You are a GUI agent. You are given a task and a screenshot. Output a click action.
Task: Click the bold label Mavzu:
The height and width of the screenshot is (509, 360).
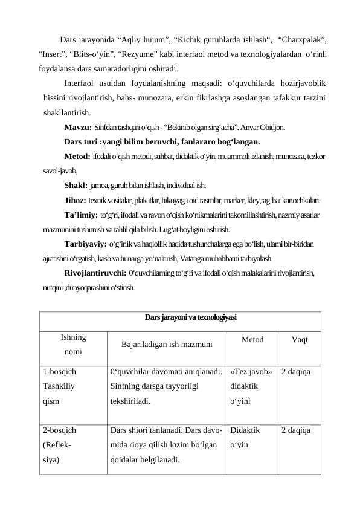tap(78, 128)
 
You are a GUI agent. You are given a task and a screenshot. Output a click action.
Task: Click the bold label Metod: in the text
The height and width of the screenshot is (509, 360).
tap(78, 157)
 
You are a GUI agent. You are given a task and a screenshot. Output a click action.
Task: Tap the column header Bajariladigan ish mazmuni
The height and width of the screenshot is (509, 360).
tap(167, 345)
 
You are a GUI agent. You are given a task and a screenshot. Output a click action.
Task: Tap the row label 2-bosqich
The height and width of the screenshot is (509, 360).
tap(59, 431)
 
